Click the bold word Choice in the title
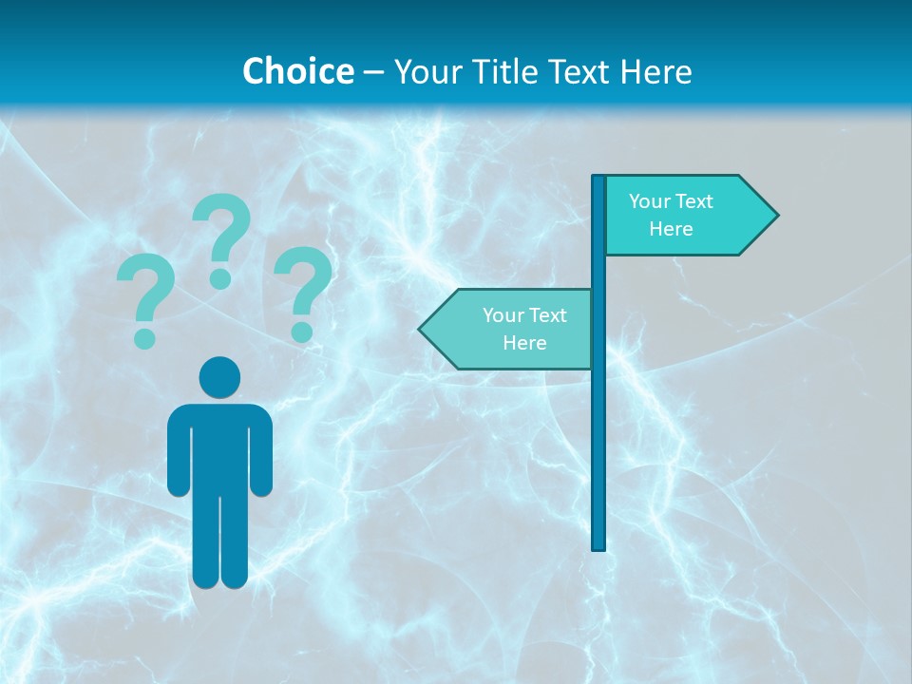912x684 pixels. coord(297,71)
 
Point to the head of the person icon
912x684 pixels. coord(219,377)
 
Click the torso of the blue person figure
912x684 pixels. coord(219,446)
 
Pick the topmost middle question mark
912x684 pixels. coord(221,237)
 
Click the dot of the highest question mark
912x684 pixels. coord(220,278)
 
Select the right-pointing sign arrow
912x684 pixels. coord(684,216)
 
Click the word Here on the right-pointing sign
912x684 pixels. coord(671,229)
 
